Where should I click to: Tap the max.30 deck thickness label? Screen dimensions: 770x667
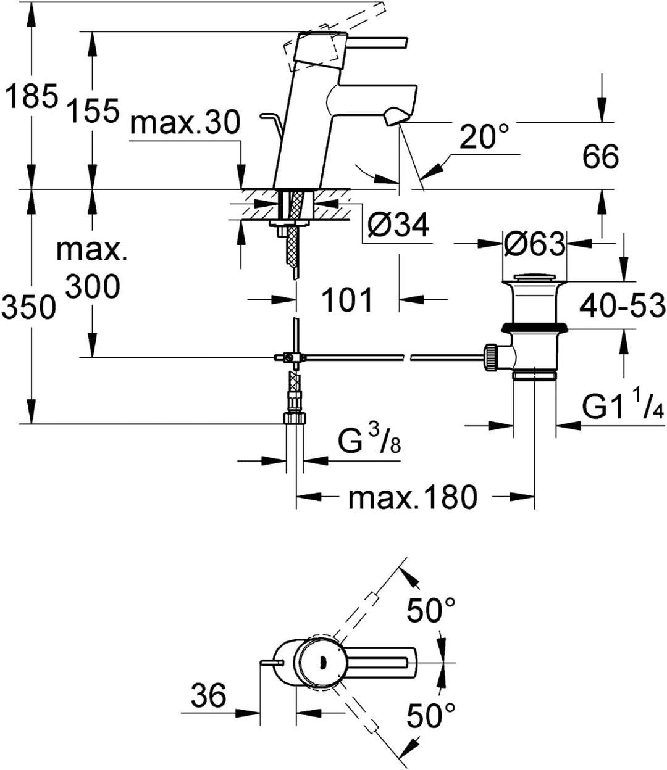click(185, 124)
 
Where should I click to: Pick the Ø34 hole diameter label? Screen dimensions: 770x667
click(397, 226)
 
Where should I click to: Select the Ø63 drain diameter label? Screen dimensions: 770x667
click(534, 245)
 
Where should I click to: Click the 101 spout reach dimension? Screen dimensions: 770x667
click(348, 300)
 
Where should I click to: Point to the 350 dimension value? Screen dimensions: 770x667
click(29, 307)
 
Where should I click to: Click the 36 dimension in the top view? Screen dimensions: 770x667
click(208, 697)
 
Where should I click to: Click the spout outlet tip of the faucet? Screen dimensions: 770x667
click(395, 117)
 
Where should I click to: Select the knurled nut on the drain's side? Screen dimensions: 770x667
click(490, 357)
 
